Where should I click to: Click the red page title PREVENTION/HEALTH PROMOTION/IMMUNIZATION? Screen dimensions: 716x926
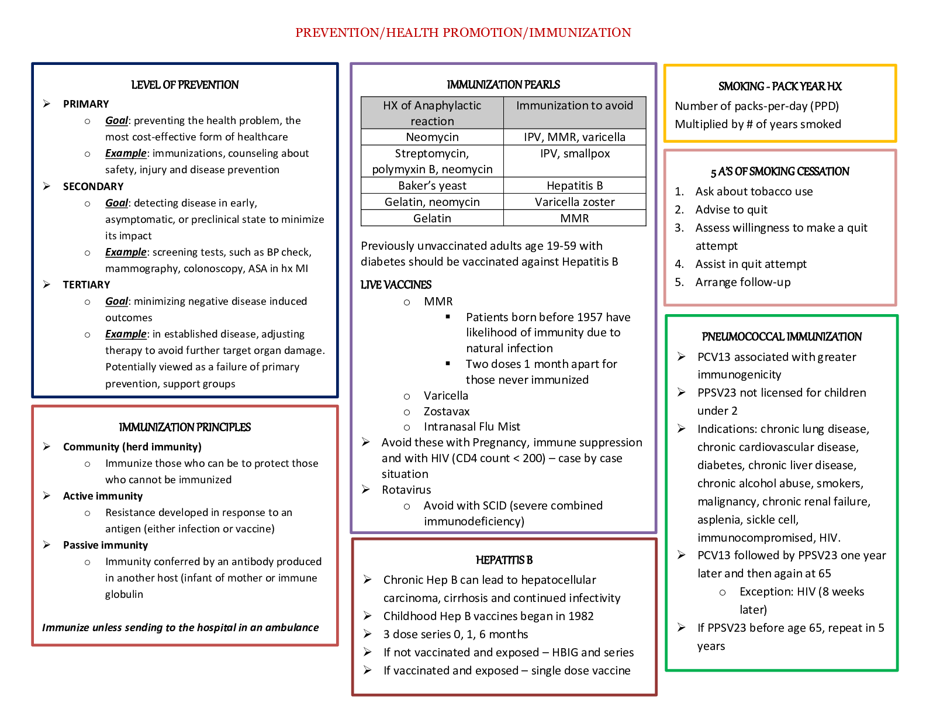tap(463, 33)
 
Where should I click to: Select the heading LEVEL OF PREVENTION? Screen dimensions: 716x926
tap(185, 85)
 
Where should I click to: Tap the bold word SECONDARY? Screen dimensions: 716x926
tap(93, 187)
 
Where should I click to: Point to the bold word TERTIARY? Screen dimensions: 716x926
tap(87, 285)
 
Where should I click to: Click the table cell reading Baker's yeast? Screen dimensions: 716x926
tap(432, 185)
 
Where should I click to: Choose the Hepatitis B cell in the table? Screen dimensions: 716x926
tap(575, 185)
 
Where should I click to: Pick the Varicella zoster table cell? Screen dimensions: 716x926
tap(575, 202)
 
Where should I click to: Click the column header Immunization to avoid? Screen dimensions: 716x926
tap(575, 105)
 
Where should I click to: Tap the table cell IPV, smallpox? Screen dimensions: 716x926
tap(575, 154)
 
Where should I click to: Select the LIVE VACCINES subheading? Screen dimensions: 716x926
tap(396, 285)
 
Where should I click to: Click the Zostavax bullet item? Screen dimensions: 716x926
tap(447, 411)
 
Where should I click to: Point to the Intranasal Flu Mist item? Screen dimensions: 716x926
tap(472, 426)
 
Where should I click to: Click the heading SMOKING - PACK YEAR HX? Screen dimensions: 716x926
tap(780, 87)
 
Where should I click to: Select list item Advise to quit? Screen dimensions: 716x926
tap(731, 209)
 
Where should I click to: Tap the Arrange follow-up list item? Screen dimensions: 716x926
tap(742, 282)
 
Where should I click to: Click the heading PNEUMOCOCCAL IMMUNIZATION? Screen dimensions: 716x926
tap(782, 337)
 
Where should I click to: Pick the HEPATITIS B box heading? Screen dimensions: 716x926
tap(504, 560)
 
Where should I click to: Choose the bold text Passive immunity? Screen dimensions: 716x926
tap(105, 545)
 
